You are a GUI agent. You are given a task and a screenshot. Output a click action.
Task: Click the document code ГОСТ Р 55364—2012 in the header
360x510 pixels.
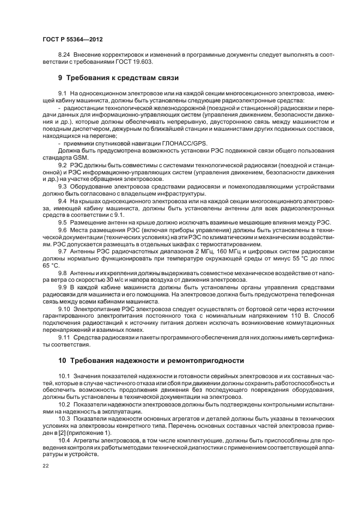pyautogui.click(x=72, y=40)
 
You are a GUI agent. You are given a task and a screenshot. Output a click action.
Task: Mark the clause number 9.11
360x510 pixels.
pyautogui.click(x=64, y=337)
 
